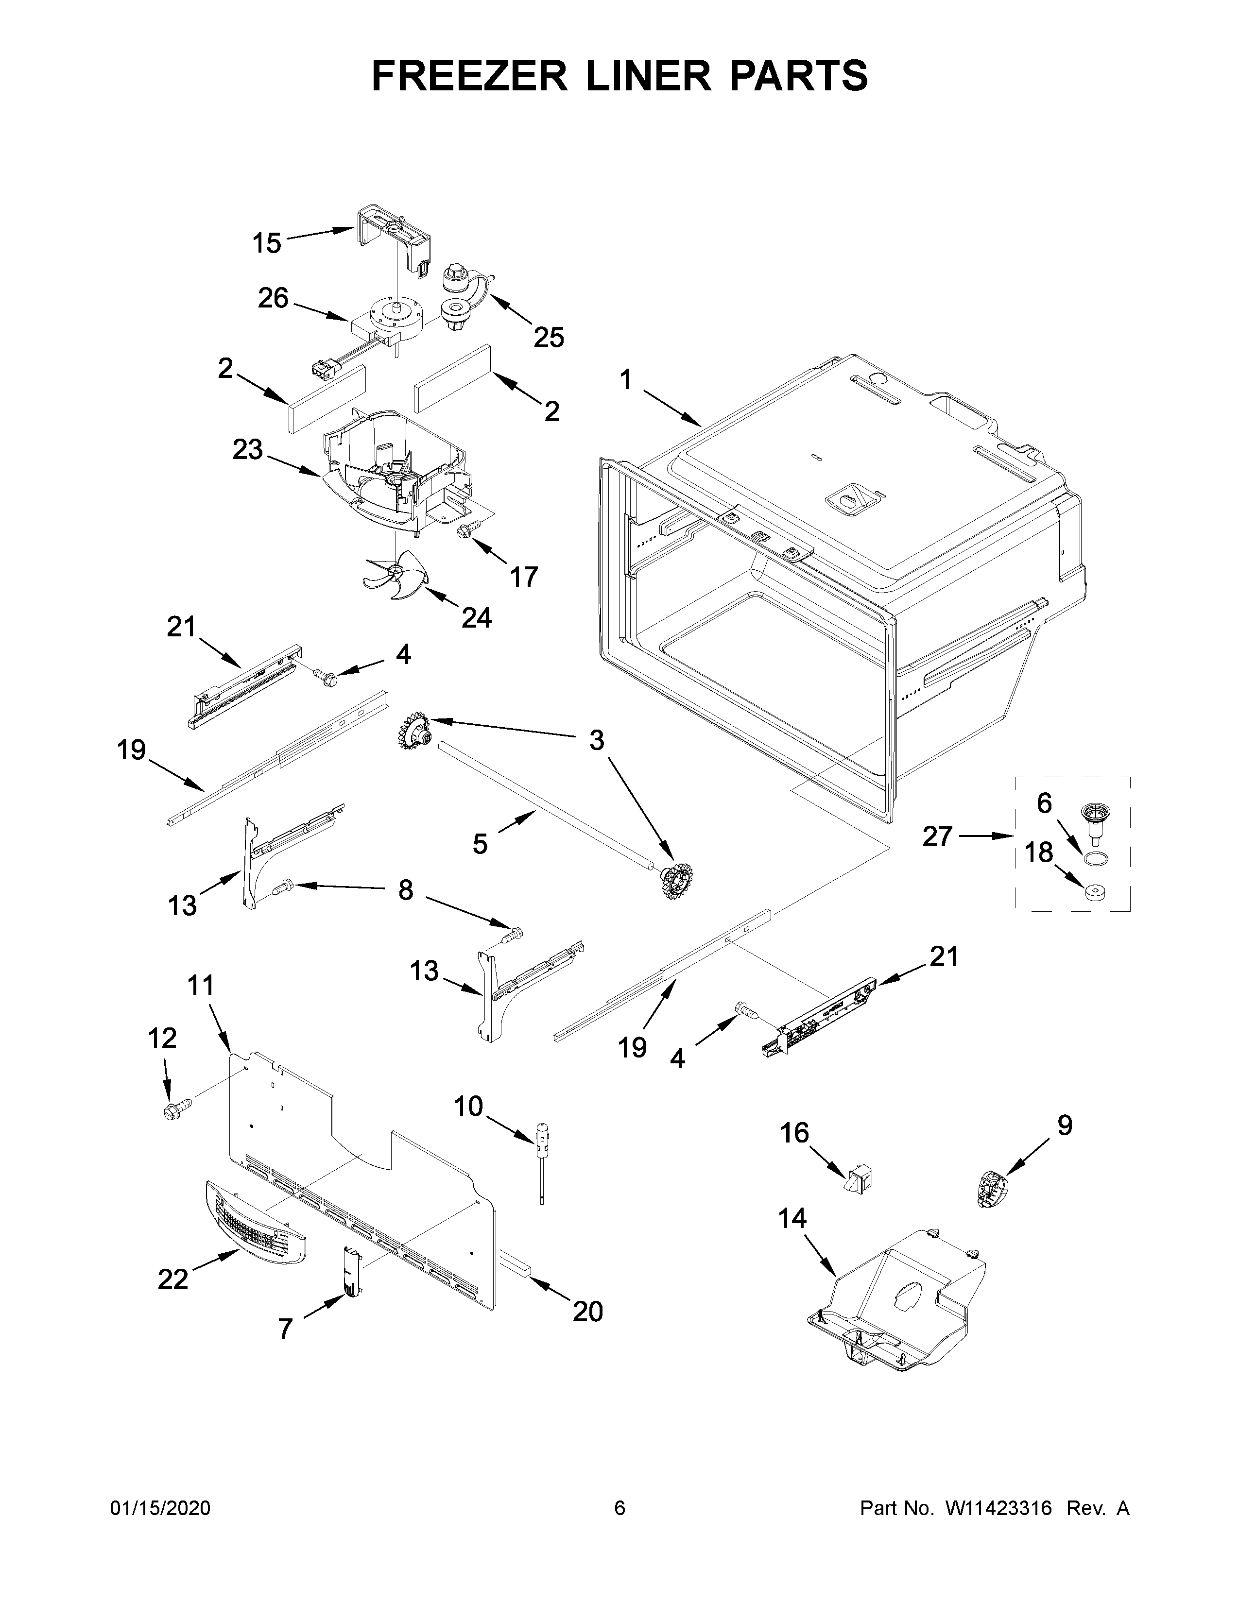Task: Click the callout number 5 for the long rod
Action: (x=480, y=844)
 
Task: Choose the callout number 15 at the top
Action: (x=267, y=243)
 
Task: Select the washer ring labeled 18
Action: (x=1095, y=892)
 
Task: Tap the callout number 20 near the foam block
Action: (x=588, y=1311)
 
